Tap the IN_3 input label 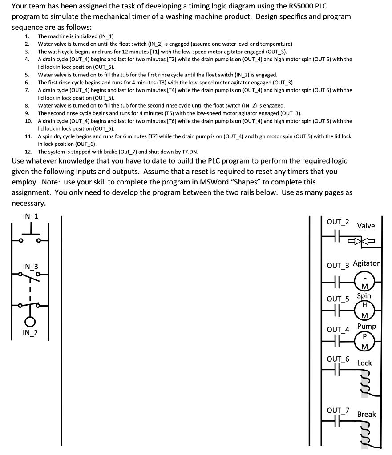pos(30,267)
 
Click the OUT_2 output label pos(338,221)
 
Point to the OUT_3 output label pos(338,266)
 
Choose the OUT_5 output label pos(338,299)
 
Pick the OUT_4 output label pos(338,330)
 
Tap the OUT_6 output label pos(338,359)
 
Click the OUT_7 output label pos(338,410)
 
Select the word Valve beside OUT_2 pos(366,226)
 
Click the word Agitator pos(366,263)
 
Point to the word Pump pos(367,326)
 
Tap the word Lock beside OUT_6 pos(364,363)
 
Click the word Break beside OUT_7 pos(366,414)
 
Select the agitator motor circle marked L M pos(364,280)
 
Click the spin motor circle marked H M pos(364,311)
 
